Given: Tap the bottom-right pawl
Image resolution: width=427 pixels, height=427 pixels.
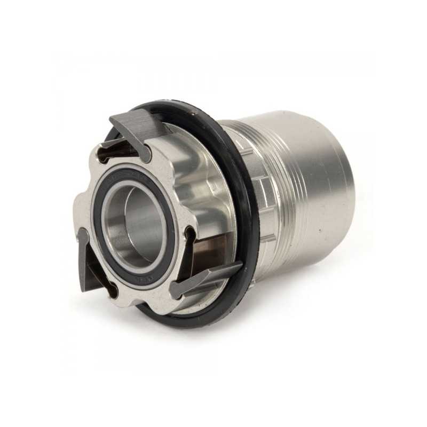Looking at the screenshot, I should (x=205, y=278).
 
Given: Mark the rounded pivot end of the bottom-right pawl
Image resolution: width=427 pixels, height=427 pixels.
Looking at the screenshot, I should (x=176, y=291).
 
